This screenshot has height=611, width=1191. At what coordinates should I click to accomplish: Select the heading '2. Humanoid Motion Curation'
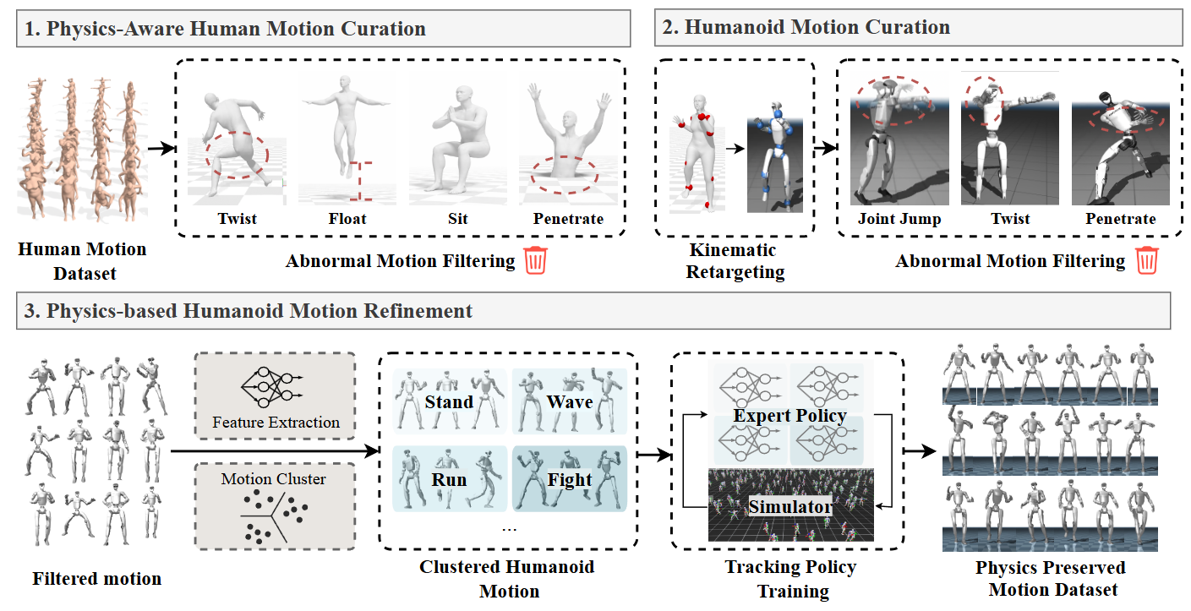[x=817, y=27]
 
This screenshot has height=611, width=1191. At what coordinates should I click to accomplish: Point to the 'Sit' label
[x=457, y=219]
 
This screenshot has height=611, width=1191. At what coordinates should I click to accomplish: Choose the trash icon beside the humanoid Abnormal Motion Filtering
[x=1146, y=260]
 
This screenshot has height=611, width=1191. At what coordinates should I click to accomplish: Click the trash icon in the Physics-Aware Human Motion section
[x=536, y=260]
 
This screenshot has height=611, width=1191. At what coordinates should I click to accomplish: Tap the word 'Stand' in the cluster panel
[x=449, y=401]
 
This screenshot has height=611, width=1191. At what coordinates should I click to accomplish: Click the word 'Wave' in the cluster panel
[x=570, y=401]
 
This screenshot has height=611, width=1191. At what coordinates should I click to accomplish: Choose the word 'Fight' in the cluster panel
[x=570, y=480]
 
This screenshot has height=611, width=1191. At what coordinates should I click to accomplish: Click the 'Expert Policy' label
[x=790, y=416]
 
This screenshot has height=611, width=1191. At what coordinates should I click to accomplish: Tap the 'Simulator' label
[x=790, y=506]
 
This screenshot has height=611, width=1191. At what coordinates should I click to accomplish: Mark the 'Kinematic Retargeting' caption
[x=735, y=261]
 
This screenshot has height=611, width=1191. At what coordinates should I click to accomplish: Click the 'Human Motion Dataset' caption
[x=82, y=261]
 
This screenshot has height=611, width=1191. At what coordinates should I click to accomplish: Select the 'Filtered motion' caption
[x=96, y=579]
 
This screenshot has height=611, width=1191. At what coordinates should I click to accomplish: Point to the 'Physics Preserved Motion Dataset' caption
[x=1050, y=579]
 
